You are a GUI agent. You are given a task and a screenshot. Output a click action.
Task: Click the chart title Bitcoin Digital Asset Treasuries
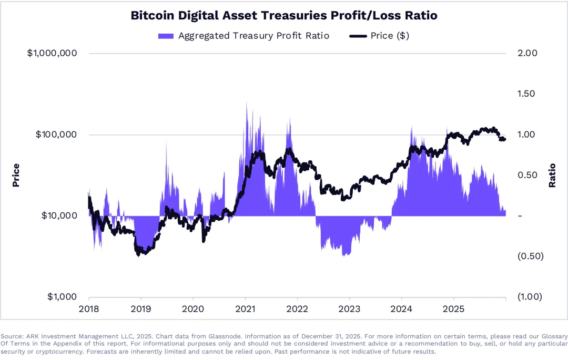pyautogui.click(x=284, y=16)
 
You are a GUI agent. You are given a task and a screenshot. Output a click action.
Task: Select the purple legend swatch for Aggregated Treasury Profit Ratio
pyautogui.click(x=165, y=36)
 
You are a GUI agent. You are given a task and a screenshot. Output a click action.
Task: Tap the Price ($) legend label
pyautogui.click(x=390, y=36)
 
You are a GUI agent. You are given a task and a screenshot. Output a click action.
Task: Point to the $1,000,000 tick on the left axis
pyautogui.click(x=52, y=53)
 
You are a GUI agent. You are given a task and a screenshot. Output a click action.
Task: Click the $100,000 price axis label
pyautogui.click(x=56, y=135)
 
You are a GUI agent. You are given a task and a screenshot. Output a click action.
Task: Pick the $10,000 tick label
pyautogui.click(x=59, y=215)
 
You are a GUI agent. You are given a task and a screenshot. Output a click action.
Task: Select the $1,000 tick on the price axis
pyautogui.click(x=62, y=297)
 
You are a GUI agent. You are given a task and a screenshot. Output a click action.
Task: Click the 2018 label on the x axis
pyautogui.click(x=89, y=308)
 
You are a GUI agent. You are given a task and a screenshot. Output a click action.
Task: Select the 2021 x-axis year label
pyautogui.click(x=245, y=308)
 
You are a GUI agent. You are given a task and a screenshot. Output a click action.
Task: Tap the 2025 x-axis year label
pyautogui.click(x=454, y=308)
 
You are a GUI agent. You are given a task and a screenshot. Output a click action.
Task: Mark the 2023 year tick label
pyautogui.click(x=350, y=308)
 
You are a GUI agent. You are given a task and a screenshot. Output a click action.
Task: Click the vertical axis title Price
pyautogui.click(x=16, y=175)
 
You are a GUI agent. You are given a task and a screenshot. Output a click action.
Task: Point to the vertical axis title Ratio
pyautogui.click(x=552, y=175)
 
